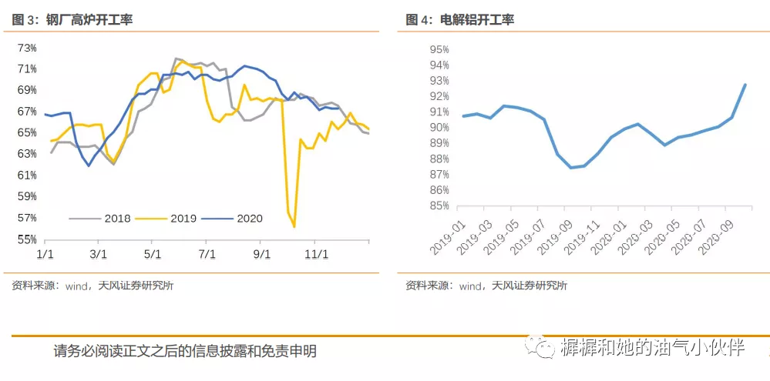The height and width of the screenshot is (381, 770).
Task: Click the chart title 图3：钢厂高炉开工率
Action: (x=72, y=19)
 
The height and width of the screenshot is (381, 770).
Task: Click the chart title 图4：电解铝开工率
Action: (x=459, y=19)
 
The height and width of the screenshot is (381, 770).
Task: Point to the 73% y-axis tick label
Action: (x=27, y=48)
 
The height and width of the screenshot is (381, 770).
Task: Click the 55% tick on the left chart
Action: (x=27, y=239)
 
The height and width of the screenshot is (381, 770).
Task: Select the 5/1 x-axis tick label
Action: (x=153, y=253)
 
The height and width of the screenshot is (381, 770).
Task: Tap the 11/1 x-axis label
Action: (x=316, y=253)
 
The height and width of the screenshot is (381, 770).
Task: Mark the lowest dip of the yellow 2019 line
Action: (x=294, y=227)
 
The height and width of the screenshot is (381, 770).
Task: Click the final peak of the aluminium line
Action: (x=745, y=85)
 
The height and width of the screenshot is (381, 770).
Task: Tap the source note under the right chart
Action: (x=486, y=286)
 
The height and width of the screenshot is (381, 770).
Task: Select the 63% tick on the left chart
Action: (x=27, y=154)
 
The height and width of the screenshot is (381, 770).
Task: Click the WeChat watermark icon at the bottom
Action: (x=540, y=348)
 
